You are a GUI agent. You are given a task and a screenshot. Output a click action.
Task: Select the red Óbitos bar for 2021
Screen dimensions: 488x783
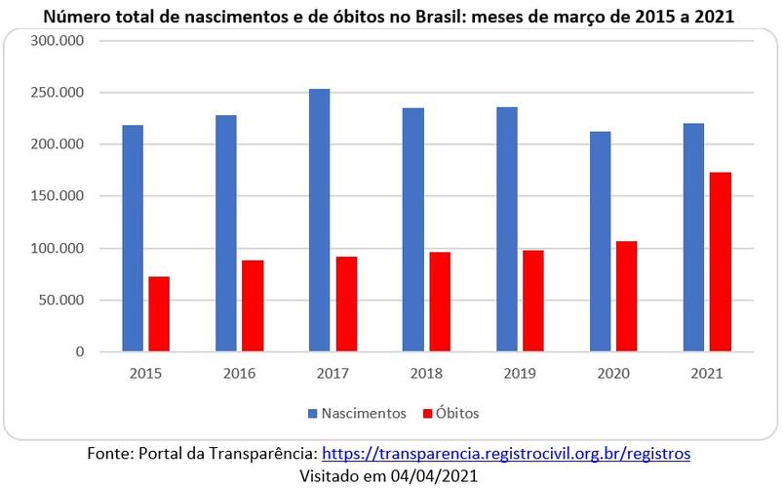721,262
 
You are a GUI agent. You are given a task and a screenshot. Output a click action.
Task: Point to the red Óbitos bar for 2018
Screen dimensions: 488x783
440,302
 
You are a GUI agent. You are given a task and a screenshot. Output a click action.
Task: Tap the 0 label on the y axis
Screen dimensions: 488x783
80,351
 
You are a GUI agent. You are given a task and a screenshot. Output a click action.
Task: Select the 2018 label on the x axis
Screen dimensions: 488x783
426,373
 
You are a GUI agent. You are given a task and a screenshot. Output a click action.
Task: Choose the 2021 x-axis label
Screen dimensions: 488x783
707,373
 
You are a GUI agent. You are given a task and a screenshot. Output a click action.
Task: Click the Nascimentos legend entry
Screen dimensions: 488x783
360,413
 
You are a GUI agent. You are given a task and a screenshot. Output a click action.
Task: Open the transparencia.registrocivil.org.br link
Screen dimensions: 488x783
506,454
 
